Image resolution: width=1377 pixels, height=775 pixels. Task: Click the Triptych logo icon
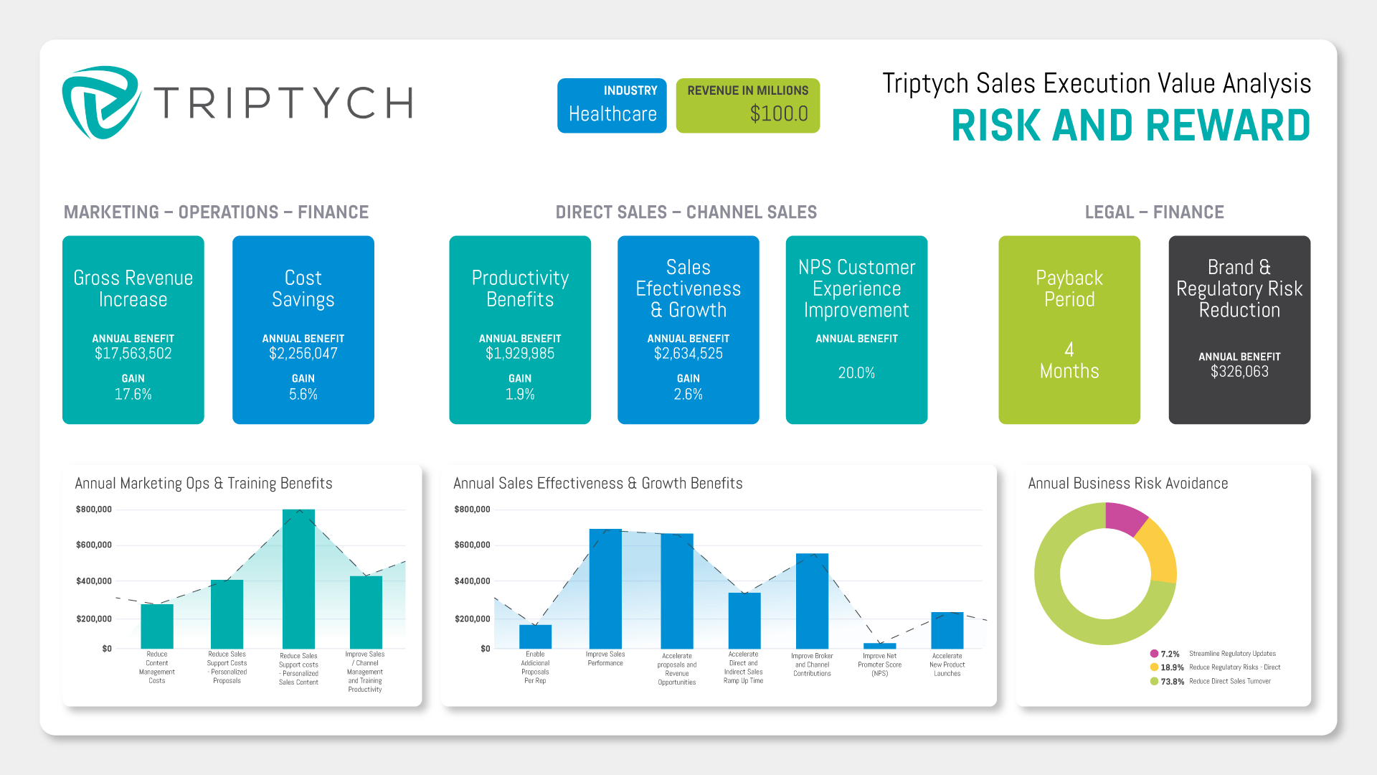pos(100,103)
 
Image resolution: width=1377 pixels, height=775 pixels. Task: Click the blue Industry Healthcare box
pos(612,105)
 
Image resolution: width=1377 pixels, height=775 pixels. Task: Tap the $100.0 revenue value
pos(778,113)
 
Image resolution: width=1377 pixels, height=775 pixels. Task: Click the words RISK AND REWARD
pos(1130,126)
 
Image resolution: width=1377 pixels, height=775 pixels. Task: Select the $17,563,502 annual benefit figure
pos(133,353)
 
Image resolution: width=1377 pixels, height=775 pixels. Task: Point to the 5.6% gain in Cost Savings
pos(303,394)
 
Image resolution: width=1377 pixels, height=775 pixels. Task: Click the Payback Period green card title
pos(1069,288)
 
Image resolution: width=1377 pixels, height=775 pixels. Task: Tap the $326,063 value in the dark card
pos(1239,372)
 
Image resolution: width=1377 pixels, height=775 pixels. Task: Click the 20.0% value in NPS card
pos(856,372)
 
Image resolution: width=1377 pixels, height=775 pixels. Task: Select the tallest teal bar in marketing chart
pos(298,578)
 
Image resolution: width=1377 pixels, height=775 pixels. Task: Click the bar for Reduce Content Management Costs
pos(157,626)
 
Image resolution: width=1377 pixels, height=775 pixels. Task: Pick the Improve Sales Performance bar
pos(605,588)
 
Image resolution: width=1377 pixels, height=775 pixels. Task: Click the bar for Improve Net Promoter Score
pos(879,646)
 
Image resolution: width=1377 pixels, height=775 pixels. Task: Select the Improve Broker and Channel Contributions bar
pos(812,601)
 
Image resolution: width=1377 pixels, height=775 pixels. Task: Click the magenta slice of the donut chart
pos(1124,518)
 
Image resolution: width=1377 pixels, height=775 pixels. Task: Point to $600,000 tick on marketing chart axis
pos(94,545)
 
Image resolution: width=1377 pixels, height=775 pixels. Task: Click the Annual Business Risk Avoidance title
pos(1127,484)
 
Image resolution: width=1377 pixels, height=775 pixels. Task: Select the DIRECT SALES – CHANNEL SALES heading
pos(686,212)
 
